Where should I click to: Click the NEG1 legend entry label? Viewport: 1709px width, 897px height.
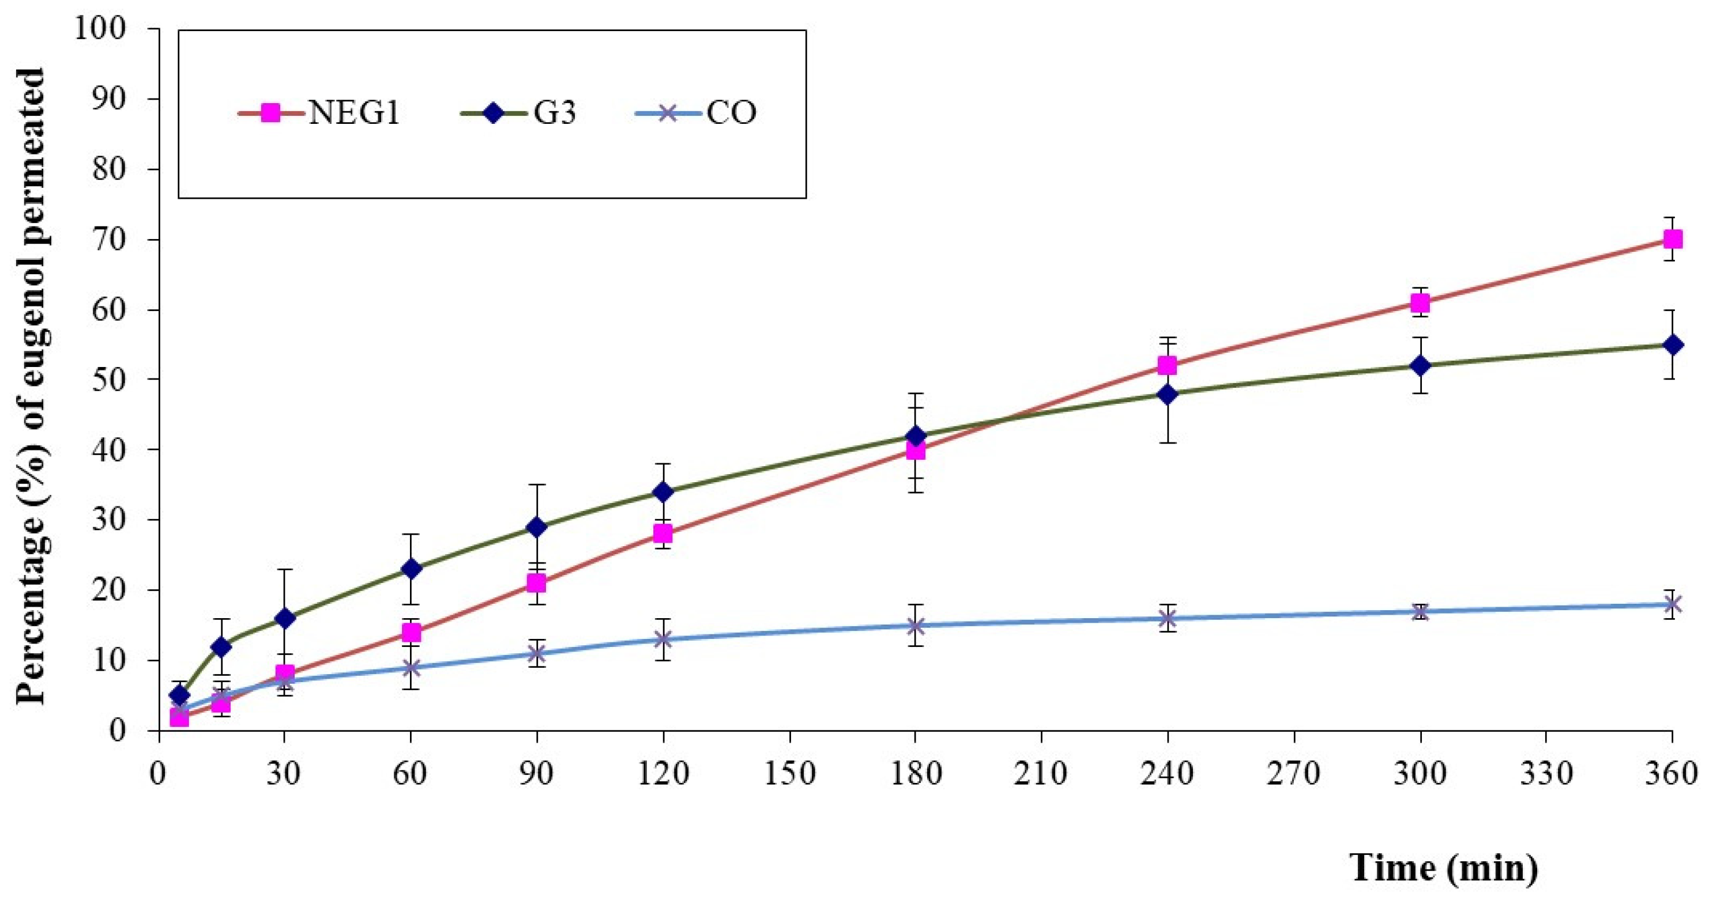tap(354, 113)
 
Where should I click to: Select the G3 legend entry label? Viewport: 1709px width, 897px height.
tap(555, 113)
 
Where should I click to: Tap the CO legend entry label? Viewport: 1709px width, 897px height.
tap(731, 113)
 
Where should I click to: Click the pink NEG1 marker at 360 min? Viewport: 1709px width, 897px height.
tap(1673, 239)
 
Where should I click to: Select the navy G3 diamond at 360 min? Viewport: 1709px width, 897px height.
tap(1673, 345)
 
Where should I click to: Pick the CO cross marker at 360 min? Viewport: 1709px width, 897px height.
tap(1673, 604)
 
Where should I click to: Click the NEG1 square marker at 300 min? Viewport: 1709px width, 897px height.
tap(1420, 303)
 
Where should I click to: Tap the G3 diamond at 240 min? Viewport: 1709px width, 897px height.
tap(1168, 394)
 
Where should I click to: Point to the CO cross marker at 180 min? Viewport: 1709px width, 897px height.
tap(916, 625)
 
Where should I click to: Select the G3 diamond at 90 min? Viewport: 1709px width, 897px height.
tap(537, 527)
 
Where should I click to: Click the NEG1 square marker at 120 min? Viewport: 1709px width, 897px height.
tap(662, 533)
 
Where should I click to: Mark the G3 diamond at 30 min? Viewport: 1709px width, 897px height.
tap(285, 619)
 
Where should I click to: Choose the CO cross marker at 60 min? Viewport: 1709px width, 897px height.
tap(411, 668)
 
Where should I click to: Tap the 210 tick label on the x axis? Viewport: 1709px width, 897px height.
tap(1041, 774)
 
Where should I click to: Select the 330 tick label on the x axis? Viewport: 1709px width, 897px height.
tap(1546, 774)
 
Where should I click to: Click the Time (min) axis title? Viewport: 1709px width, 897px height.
tap(1444, 866)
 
